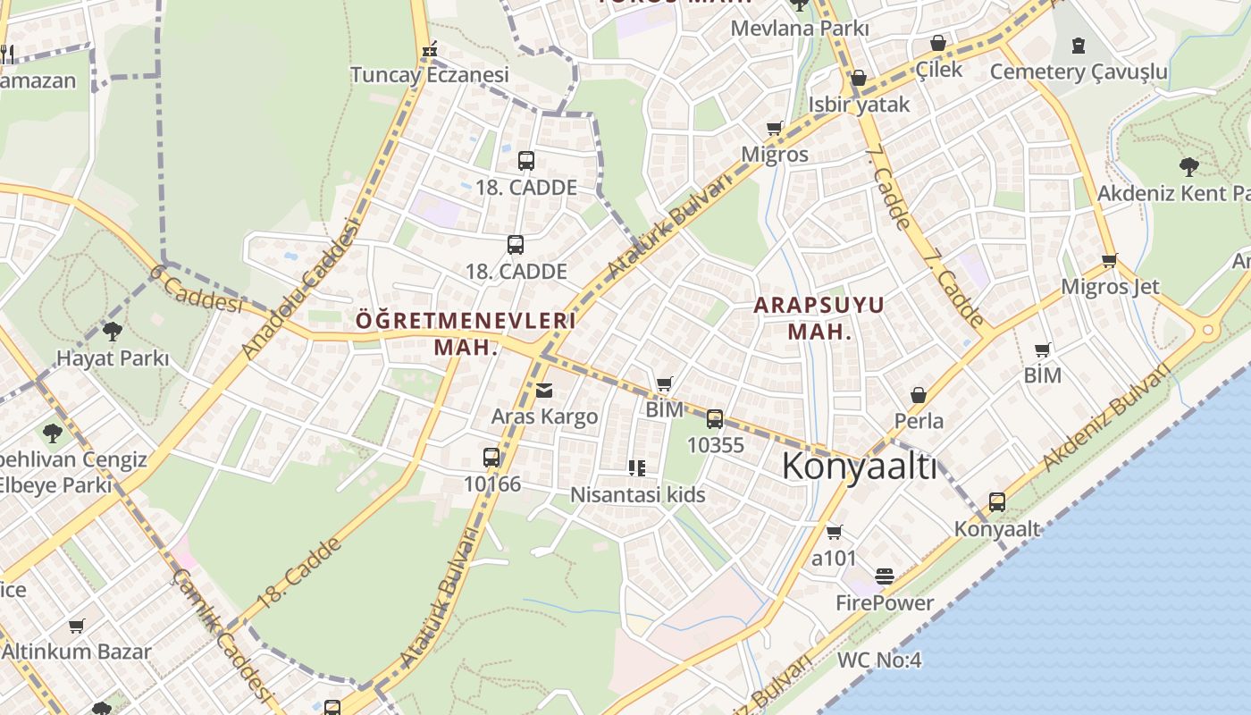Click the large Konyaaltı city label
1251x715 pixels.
click(860, 466)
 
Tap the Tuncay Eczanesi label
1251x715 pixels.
click(429, 75)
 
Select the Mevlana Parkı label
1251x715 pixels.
click(800, 29)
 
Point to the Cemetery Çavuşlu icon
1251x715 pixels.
click(1079, 45)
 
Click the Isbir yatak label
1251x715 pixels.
click(859, 105)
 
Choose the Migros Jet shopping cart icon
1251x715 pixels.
click(1109, 261)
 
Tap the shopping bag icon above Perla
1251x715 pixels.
click(918, 395)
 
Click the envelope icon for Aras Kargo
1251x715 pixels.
click(544, 391)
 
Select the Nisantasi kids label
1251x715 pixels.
click(638, 495)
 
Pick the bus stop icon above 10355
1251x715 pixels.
click(715, 418)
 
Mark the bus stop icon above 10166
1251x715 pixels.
click(491, 458)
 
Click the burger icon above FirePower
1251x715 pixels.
click(885, 576)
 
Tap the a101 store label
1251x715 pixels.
click(834, 559)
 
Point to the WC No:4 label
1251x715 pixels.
click(879, 661)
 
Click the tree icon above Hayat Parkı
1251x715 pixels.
click(113, 332)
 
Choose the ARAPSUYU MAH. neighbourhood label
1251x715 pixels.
click(819, 318)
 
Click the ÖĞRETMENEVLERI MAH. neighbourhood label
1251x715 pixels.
click(466, 333)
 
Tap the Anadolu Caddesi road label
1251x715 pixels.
click(306, 288)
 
